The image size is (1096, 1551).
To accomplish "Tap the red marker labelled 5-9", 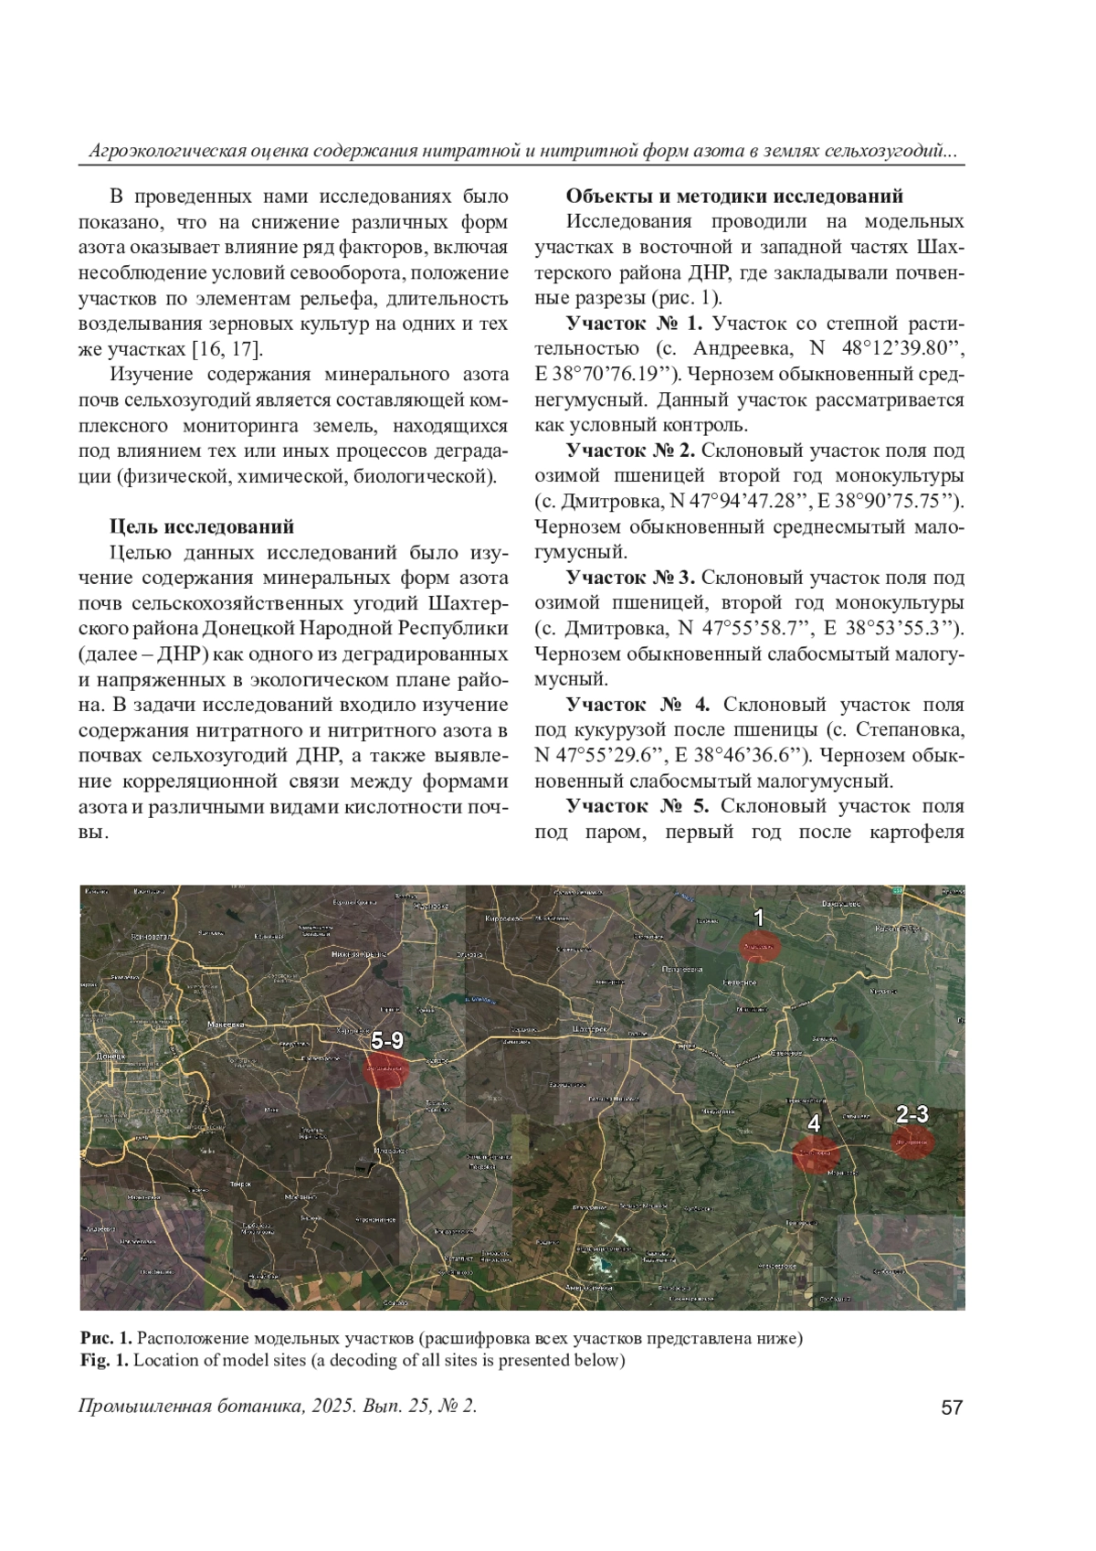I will pyautogui.click(x=385, y=1069).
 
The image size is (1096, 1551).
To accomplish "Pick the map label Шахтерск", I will pyautogui.click(x=586, y=1028).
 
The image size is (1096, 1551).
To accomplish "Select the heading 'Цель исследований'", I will pyautogui.click(x=202, y=526).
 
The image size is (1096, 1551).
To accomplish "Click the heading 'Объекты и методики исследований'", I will pyautogui.click(x=734, y=197).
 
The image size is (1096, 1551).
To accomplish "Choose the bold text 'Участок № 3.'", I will pyautogui.click(x=630, y=578).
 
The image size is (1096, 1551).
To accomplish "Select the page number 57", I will pyautogui.click(x=952, y=1408).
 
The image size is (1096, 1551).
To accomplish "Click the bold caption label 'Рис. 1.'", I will pyautogui.click(x=106, y=1339).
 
